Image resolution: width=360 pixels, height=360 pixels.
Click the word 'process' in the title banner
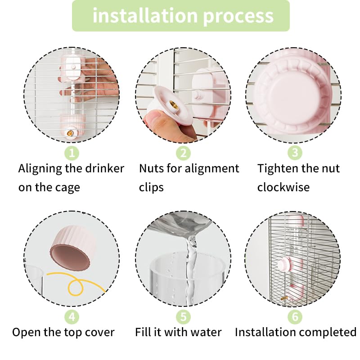[x=238, y=16]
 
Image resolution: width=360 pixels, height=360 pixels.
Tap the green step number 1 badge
[x=72, y=153]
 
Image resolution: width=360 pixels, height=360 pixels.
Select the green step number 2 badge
[x=183, y=153]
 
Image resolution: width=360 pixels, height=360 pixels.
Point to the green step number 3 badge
[x=294, y=153]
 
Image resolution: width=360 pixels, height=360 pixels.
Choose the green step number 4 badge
[x=72, y=317]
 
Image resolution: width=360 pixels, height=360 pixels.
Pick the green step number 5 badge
[x=183, y=317]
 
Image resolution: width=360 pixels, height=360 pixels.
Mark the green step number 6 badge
[x=294, y=317]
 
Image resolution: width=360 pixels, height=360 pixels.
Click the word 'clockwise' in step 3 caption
[x=283, y=187]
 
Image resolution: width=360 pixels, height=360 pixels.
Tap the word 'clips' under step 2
[x=151, y=187]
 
